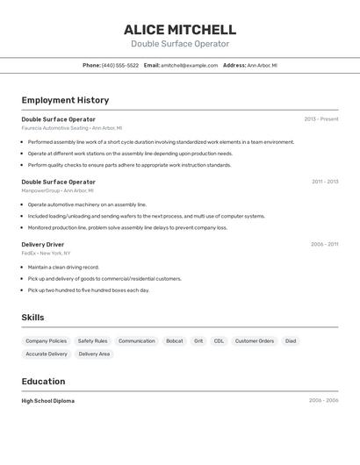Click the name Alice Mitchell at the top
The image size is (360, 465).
tap(180, 29)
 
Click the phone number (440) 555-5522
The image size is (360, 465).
tap(120, 65)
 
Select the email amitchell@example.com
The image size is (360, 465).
tap(189, 65)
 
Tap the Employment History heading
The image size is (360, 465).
tap(65, 100)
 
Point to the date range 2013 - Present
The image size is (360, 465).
tap(321, 118)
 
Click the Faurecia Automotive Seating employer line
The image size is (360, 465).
tap(71, 128)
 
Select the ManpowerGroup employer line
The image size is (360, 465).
tap(57, 190)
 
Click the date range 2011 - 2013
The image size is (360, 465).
tap(325, 182)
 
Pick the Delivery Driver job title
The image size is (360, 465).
tap(43, 245)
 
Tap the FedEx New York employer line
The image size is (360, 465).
tap(46, 254)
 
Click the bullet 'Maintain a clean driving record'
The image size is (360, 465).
tap(63, 267)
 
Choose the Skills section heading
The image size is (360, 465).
tap(33, 318)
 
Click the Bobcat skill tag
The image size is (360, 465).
tap(175, 340)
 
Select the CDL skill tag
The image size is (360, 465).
tap(219, 340)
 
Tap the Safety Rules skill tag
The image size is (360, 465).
tap(92, 340)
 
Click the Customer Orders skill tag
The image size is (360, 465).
tap(255, 340)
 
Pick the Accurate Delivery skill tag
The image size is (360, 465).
tap(47, 354)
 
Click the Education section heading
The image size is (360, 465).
tap(43, 382)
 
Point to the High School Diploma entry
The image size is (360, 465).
tap(48, 400)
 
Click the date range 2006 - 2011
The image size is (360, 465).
tap(325, 245)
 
